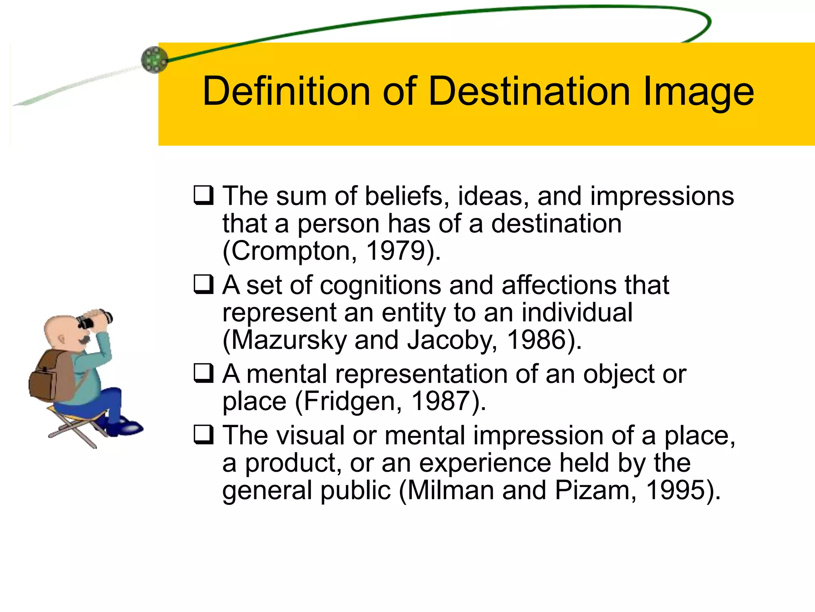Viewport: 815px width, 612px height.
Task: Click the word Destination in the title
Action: click(529, 92)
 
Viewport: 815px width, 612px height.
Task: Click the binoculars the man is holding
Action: click(96, 319)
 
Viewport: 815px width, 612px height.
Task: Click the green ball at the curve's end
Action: click(154, 60)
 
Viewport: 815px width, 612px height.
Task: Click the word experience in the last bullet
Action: click(485, 463)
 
